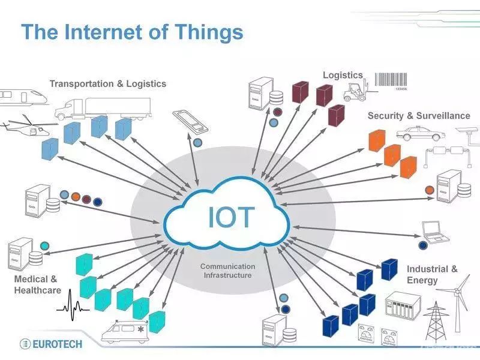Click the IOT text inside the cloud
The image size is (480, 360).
point(232,217)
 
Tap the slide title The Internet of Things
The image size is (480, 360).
point(132,31)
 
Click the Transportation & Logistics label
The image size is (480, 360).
point(108,84)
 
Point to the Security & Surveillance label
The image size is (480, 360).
point(419,115)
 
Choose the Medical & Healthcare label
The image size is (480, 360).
point(37,284)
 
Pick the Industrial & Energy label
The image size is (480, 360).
point(432,274)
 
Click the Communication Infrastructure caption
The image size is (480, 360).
point(227,271)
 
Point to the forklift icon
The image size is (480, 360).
point(355,91)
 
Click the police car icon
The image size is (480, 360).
point(420,133)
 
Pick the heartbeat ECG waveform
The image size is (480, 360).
point(73,303)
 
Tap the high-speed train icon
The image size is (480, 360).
point(23,97)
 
